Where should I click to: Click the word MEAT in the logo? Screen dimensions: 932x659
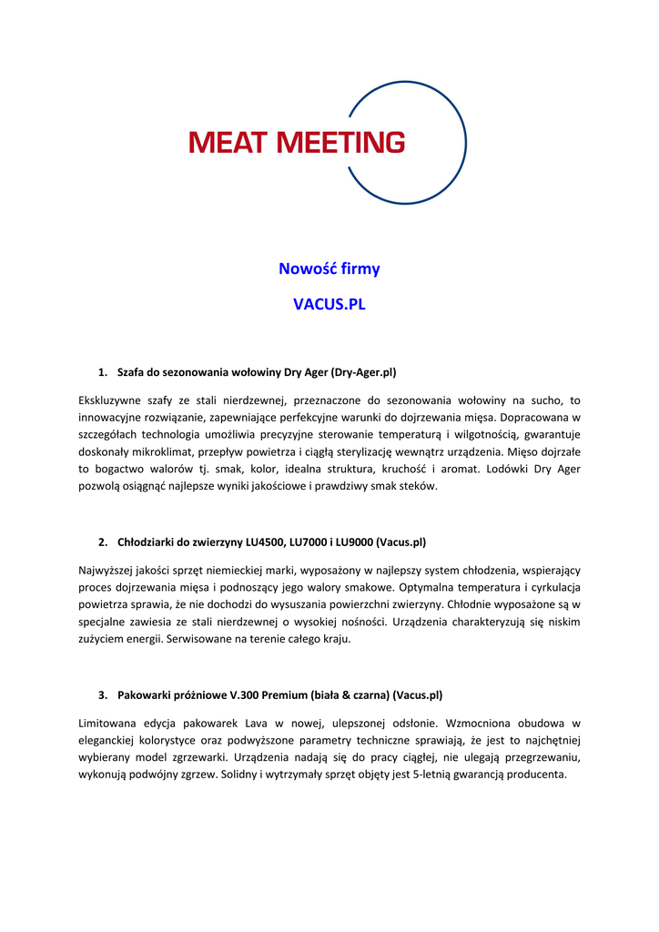[228, 143]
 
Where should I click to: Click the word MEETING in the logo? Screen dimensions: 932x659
[338, 143]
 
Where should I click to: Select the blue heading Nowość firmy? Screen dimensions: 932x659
[329, 268]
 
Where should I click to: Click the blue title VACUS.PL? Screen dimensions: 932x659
[329, 304]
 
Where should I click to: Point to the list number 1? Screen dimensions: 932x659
[102, 372]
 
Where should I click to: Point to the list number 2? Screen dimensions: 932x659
[102, 542]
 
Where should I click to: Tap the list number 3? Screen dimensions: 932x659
[102, 695]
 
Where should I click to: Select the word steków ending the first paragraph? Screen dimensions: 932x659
[418, 486]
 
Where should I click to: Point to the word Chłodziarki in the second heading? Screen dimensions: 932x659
[147, 542]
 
